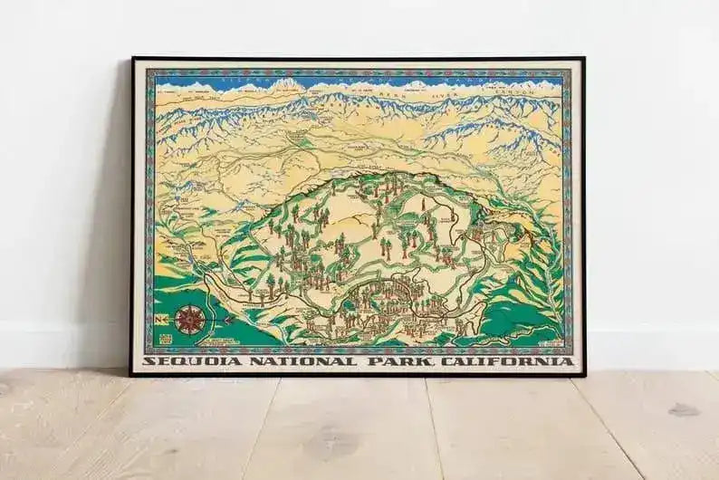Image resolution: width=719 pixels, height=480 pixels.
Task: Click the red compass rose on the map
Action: [189, 319]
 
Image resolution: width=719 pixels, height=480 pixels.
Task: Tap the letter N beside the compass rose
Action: [160, 319]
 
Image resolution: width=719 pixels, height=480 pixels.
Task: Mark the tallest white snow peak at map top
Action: [288, 83]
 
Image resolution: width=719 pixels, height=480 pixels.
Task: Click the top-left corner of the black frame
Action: [132, 58]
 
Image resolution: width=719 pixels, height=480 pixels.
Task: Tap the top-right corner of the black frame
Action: [583, 59]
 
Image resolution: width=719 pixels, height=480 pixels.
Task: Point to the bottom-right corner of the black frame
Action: [583, 374]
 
